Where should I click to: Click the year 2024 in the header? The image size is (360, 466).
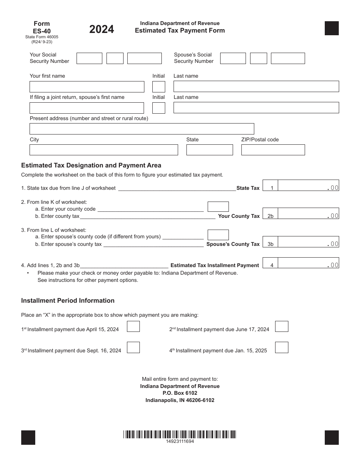tap(102, 29)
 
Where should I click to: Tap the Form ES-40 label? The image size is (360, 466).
tap(41, 27)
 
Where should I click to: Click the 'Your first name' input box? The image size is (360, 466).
tap(87, 87)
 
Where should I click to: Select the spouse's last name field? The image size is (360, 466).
tap(256, 108)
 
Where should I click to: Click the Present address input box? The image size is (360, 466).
tap(142, 129)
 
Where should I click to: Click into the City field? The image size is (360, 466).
tap(103, 150)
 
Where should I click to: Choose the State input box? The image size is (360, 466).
tap(210, 150)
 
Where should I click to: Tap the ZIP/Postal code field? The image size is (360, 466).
tap(273, 150)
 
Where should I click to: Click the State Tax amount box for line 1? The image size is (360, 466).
tap(308, 186)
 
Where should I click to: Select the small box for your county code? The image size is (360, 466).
tap(218, 207)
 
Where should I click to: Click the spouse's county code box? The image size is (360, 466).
tap(218, 235)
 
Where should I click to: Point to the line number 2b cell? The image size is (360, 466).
tap(270, 216)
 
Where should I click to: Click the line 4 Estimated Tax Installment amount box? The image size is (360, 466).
tap(308, 263)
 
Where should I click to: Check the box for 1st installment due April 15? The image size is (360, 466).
tap(133, 327)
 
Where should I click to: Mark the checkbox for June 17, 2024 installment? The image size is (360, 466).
tap(282, 327)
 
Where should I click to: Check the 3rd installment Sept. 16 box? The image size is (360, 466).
tap(133, 348)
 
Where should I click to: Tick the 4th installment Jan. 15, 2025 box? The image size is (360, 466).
tap(282, 348)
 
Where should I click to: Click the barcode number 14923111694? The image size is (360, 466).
tap(180, 442)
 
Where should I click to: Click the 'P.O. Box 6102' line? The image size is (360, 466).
tap(180, 393)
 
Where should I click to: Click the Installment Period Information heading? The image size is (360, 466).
tap(68, 300)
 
